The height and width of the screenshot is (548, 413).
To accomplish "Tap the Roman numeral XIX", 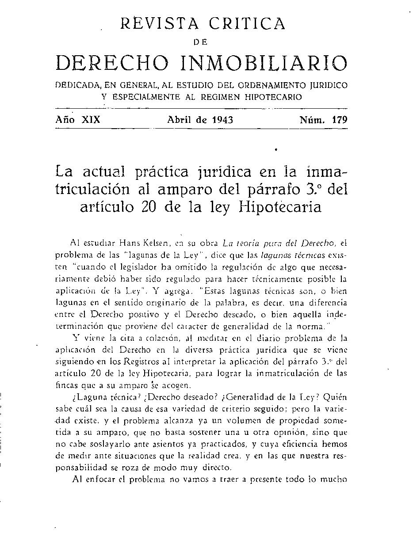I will tap(91, 120).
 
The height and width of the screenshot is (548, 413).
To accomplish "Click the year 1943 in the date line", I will tap(222, 120).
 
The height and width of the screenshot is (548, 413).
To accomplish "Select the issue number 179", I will tap(338, 120).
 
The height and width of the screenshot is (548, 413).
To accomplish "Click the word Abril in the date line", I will tap(180, 120).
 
